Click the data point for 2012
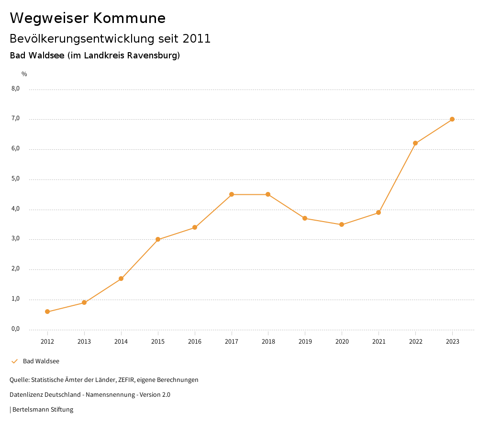(x=47, y=312)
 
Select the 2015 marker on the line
(x=158, y=239)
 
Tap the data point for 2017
(x=232, y=194)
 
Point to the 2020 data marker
(x=342, y=224)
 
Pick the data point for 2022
(x=415, y=143)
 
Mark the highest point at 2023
(x=452, y=119)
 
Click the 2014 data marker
(x=121, y=279)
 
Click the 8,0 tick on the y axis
(x=16, y=89)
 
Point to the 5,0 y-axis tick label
(x=16, y=179)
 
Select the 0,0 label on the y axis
(x=16, y=329)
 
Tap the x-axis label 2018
(x=268, y=341)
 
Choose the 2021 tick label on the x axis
(x=379, y=341)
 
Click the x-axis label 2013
(x=84, y=341)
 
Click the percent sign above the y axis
(x=24, y=74)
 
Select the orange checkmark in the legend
(x=14, y=361)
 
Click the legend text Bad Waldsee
(x=41, y=361)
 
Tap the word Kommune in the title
(x=129, y=18)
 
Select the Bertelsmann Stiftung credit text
(x=43, y=410)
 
